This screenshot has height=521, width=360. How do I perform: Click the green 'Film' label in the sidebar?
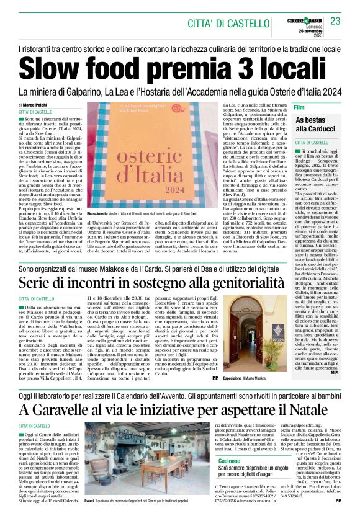[x=299, y=107]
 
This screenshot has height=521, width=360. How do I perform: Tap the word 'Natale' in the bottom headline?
[x=308, y=410]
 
